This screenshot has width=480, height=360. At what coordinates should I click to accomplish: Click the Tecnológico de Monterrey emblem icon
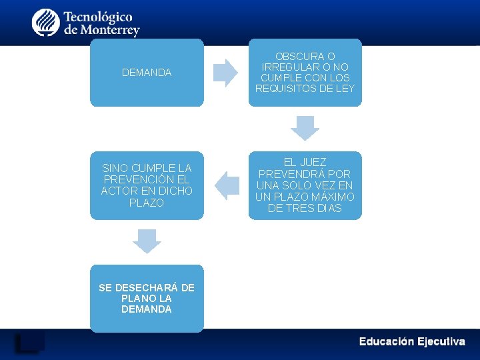click(x=45, y=23)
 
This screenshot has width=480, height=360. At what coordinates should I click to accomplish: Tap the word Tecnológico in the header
click(x=99, y=16)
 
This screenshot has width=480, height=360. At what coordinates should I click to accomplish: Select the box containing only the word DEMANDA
click(x=147, y=73)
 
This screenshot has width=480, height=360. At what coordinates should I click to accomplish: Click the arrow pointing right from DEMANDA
click(x=226, y=73)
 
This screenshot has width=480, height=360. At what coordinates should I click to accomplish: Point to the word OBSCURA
click(x=305, y=57)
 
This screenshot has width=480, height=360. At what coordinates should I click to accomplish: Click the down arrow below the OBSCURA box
click(x=305, y=127)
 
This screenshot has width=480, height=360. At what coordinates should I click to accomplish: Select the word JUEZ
click(x=313, y=162)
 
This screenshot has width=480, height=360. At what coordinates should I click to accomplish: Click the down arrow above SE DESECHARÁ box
click(x=147, y=241)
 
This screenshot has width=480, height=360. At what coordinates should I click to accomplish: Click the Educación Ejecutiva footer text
click(x=412, y=341)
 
